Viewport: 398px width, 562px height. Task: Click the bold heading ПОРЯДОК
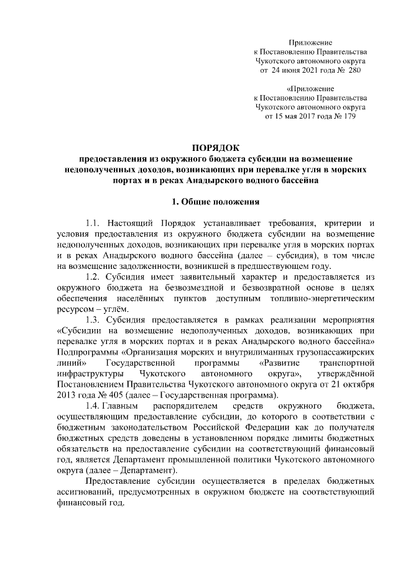(215, 147)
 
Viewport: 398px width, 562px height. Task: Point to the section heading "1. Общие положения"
(215, 201)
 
